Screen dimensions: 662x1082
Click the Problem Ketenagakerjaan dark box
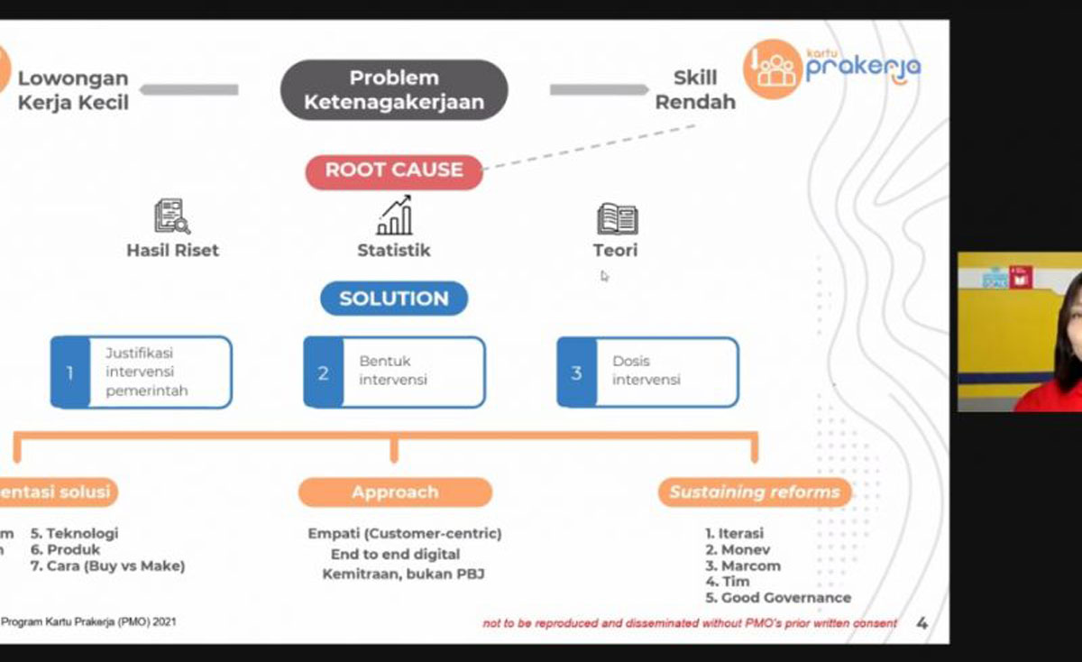394,90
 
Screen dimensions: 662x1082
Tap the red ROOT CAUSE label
394,170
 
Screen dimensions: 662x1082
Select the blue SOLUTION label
394,299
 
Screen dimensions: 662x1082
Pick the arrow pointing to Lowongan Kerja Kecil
188,89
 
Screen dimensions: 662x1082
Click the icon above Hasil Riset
171,216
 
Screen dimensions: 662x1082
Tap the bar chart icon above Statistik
394,216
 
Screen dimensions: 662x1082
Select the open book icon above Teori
617,218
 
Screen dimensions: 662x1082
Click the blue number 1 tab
69,372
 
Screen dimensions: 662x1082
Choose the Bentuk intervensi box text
393,371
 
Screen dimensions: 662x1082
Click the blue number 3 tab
576,372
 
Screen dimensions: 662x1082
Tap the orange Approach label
395,492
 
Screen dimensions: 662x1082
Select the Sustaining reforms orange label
754,492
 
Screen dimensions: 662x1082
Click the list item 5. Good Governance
778,597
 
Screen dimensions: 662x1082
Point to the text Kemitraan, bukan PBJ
403,574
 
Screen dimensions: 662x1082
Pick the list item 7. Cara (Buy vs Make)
107,565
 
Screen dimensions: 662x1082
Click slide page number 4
922,622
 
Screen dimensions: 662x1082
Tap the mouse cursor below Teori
604,276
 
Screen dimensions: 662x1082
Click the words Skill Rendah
694,90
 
